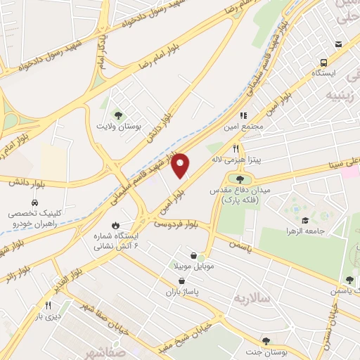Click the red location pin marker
click(x=181, y=166)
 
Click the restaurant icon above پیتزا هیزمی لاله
click(x=236, y=149)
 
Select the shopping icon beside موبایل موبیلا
click(x=193, y=255)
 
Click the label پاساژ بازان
click(x=184, y=291)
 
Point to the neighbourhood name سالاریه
click(x=254, y=297)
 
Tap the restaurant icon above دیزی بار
click(x=49, y=305)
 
